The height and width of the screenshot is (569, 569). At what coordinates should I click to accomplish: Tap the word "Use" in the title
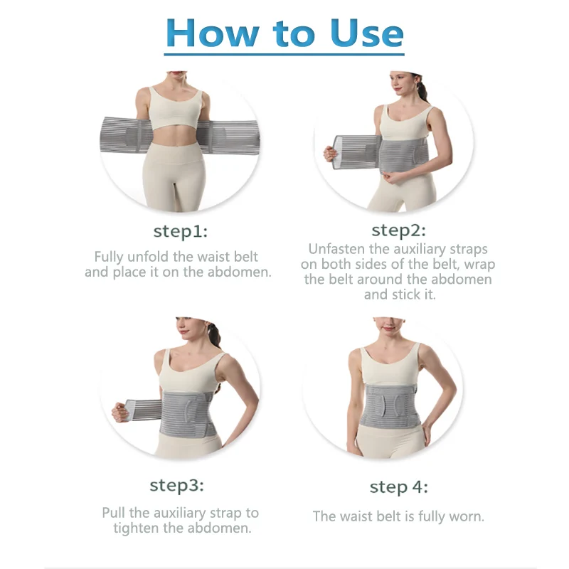pos(367,32)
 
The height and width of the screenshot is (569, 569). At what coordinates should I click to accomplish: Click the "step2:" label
pos(398,230)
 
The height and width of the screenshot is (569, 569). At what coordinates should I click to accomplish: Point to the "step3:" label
pos(176,486)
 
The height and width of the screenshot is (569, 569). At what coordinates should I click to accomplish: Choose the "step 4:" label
pos(398,487)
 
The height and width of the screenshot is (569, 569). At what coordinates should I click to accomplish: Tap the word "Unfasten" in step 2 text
pos(340,249)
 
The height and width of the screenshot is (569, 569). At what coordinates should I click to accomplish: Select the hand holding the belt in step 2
pos(329,154)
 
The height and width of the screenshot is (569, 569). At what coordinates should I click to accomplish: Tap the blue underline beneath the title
pos(284,54)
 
